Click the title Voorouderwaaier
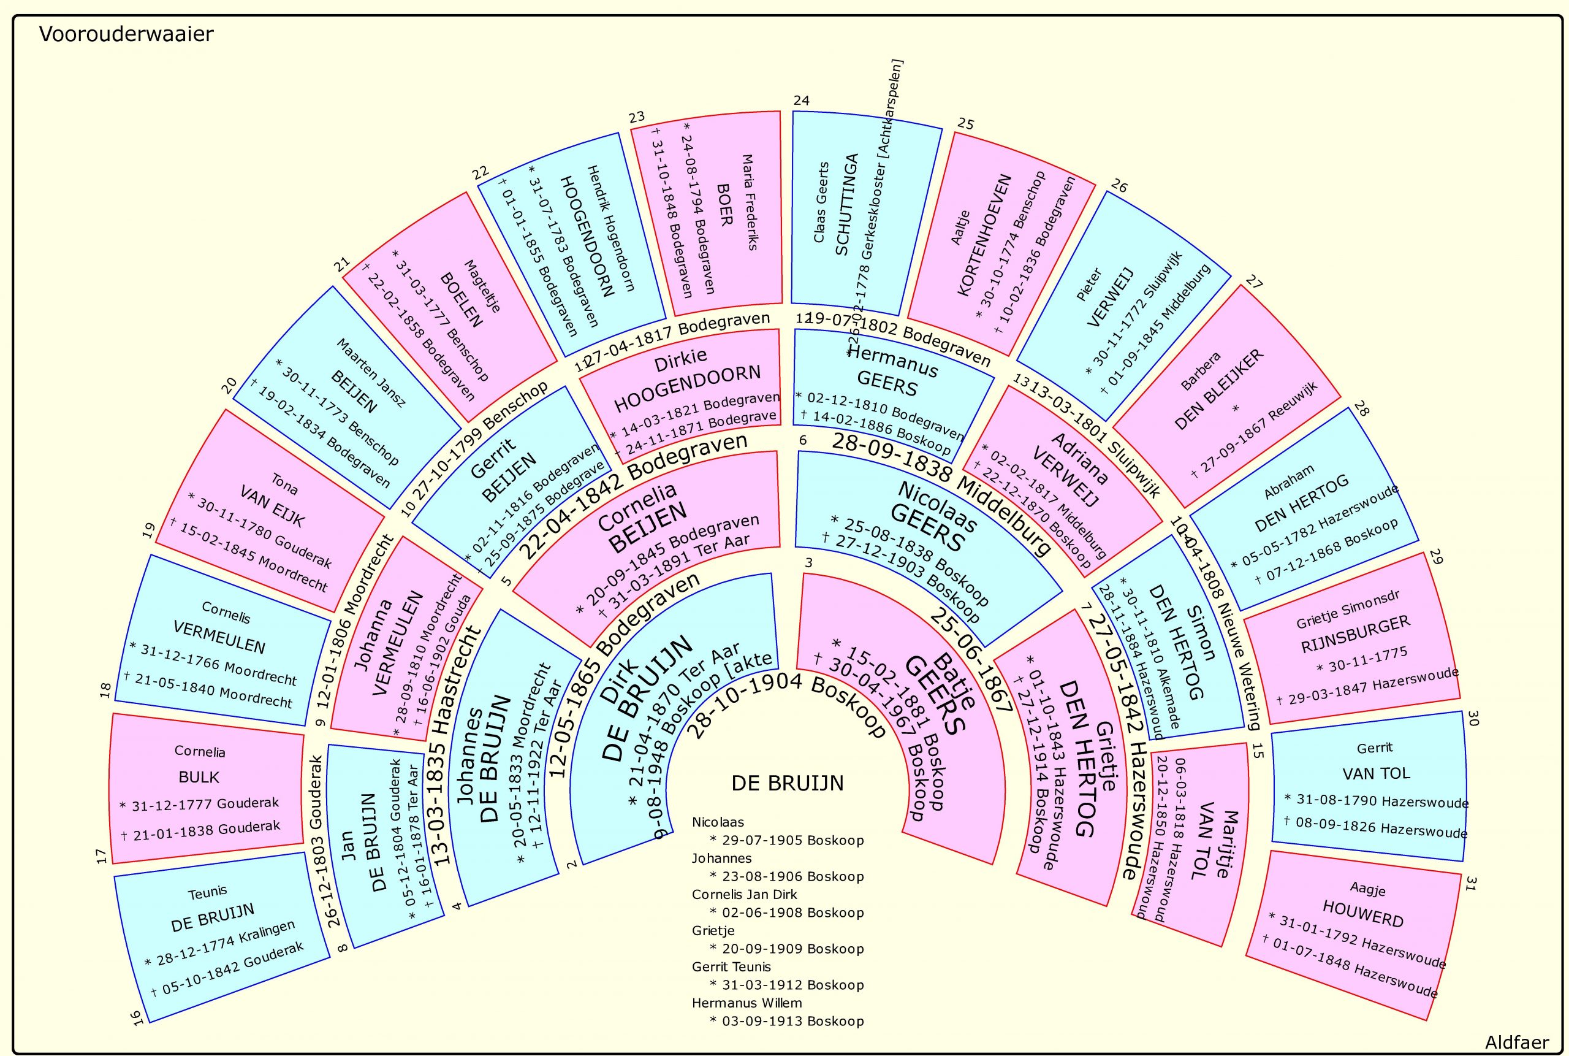(126, 34)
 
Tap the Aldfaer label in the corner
(1516, 1043)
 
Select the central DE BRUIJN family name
(787, 783)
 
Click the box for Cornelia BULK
(205, 788)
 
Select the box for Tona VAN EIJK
(269, 512)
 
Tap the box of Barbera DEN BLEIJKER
(1225, 397)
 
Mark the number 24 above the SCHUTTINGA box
(801, 101)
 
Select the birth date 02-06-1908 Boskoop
(787, 913)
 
